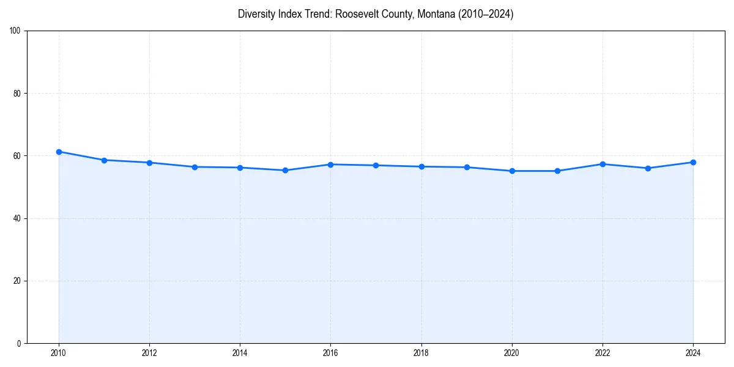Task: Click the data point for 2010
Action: (59, 152)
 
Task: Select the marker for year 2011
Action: (104, 160)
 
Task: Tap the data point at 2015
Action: (285, 170)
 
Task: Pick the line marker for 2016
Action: (330, 165)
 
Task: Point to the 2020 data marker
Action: (512, 171)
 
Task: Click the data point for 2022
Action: (602, 164)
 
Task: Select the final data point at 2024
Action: (693, 162)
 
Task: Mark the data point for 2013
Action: (195, 167)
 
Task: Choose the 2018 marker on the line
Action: (421, 166)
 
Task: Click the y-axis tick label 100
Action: (15, 31)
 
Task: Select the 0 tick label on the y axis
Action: (19, 343)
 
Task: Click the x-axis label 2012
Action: (149, 353)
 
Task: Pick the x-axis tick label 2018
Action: (421, 353)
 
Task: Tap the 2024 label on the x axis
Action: (693, 353)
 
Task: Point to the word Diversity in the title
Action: (256, 14)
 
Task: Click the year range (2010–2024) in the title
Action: (486, 14)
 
